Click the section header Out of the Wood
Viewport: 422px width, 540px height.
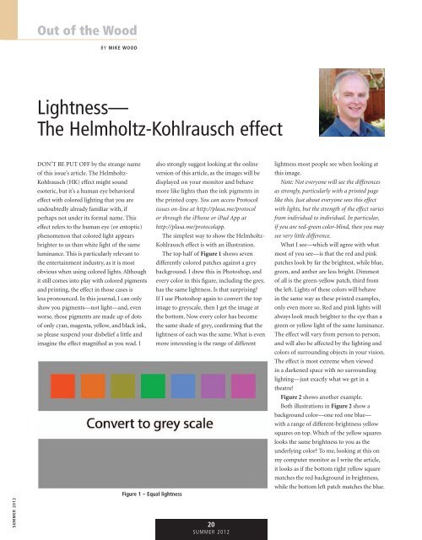pos(85,31)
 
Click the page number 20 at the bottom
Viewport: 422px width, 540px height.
pos(209,521)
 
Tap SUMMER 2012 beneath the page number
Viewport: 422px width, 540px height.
pos(209,532)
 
